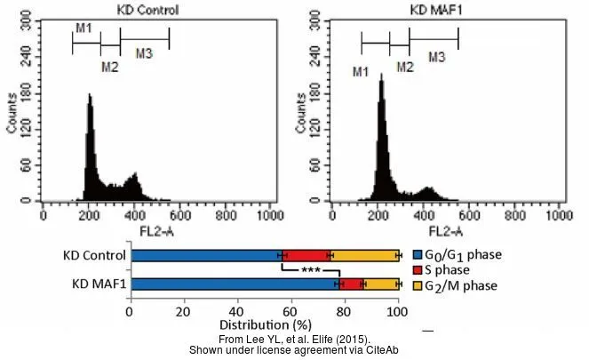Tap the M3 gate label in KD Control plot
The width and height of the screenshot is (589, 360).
144,54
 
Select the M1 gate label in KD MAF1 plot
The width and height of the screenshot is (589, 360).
361,70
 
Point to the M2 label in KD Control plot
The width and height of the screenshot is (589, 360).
109,66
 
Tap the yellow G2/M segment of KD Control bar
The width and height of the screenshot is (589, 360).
364,255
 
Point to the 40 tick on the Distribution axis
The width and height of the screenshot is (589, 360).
237,312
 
